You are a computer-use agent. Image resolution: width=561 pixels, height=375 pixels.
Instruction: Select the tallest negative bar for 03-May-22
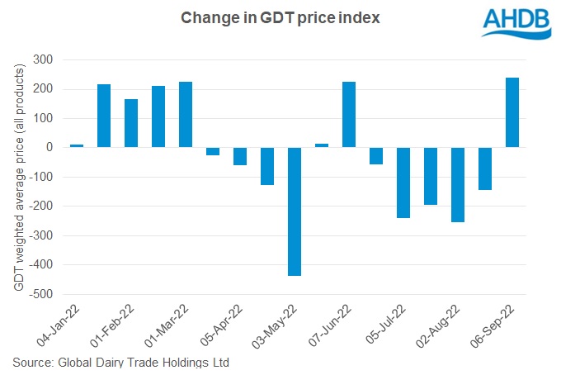point(295,211)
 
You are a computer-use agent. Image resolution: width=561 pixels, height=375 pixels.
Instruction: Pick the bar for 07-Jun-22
point(348,115)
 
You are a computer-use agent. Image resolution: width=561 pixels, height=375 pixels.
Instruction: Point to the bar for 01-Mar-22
point(185,115)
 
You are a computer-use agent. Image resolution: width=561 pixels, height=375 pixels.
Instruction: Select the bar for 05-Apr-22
point(239,156)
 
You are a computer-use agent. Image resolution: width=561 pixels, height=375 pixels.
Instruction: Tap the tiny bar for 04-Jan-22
point(77,145)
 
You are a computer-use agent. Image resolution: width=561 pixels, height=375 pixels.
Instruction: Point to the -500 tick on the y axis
point(43,294)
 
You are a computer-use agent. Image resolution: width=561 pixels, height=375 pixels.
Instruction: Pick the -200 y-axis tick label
point(43,206)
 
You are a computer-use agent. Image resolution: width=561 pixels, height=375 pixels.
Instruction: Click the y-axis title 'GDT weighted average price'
point(17,177)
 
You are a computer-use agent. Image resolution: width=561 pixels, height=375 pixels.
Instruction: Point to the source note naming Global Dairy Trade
point(120,362)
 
